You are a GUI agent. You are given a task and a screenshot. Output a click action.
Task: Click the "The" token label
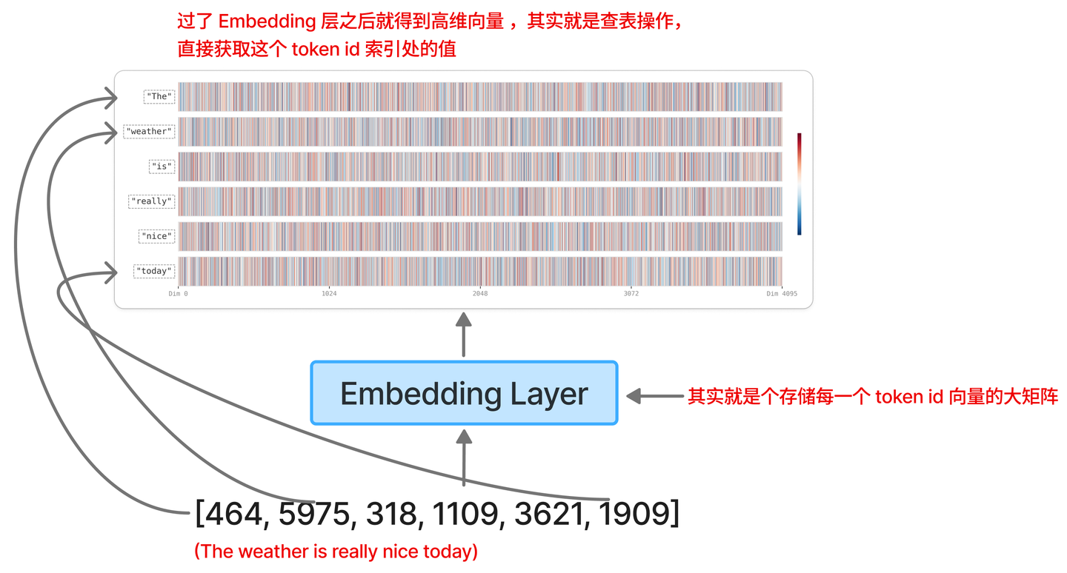point(159,96)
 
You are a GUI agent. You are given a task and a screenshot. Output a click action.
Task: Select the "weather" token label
point(149,131)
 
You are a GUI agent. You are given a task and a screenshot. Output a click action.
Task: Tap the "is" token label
point(162,167)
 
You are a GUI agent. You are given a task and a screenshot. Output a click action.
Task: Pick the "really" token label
point(151,201)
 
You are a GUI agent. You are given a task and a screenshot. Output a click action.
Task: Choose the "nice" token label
point(157,236)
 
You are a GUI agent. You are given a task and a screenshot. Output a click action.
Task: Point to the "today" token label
point(154,271)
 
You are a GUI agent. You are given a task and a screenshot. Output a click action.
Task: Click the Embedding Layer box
point(465,392)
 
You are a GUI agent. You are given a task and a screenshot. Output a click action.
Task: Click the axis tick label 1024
point(329,294)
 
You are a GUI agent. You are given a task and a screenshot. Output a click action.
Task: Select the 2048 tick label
point(480,294)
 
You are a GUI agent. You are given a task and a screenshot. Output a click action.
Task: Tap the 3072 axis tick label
point(631,294)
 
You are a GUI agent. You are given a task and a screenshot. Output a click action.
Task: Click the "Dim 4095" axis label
point(782,294)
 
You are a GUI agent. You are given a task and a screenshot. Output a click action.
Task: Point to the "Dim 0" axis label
point(178,294)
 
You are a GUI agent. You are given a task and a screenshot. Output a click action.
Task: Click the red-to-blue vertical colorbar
point(800,184)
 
